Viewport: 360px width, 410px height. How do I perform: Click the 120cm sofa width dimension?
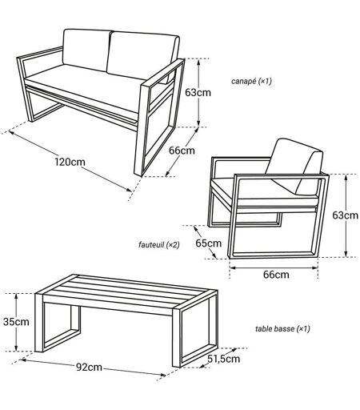coord(70,162)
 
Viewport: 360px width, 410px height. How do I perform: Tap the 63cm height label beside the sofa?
coord(198,93)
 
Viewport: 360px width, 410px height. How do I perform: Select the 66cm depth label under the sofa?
coord(182,151)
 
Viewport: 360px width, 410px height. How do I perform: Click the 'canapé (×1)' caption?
coord(251,81)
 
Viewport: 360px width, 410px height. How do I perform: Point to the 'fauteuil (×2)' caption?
coord(159,244)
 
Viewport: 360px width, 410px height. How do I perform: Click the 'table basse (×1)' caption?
coord(282,328)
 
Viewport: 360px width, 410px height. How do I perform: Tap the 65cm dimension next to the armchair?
coord(208,243)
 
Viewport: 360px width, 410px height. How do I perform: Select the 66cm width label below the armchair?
coord(276,275)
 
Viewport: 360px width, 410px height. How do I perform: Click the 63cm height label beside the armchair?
coord(345,215)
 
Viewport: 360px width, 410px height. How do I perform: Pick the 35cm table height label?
coord(16,322)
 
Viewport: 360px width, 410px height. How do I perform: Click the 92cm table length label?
coord(89,368)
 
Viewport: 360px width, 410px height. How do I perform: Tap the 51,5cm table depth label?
coord(224,359)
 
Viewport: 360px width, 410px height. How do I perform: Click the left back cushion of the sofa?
coord(86,50)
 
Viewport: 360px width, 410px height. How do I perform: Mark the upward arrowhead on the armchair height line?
coord(346,178)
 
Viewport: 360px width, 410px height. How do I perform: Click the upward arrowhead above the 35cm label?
coord(16,297)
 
